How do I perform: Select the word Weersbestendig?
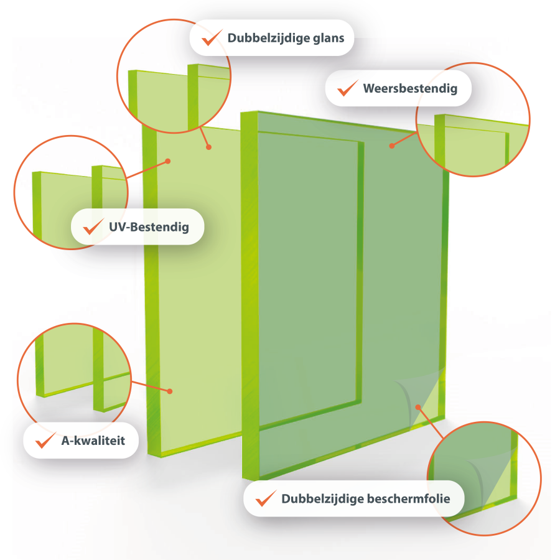pyautogui.click(x=410, y=88)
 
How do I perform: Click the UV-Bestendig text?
pyautogui.click(x=149, y=226)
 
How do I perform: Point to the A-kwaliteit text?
pyautogui.click(x=93, y=441)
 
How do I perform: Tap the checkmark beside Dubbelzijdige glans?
pyautogui.click(x=212, y=37)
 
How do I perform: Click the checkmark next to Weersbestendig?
pyautogui.click(x=347, y=88)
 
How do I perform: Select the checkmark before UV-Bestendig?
pyautogui.click(x=93, y=226)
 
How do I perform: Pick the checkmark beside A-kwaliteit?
pyautogui.click(x=45, y=440)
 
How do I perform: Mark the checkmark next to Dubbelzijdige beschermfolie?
pyautogui.click(x=266, y=498)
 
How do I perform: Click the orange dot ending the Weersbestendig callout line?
pyautogui.click(x=392, y=146)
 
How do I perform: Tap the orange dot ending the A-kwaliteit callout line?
pyautogui.click(x=170, y=391)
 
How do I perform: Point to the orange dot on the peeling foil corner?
pyautogui.click(x=418, y=407)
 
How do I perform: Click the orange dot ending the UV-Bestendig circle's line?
pyautogui.click(x=168, y=161)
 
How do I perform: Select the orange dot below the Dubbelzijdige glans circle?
pyautogui.click(x=209, y=147)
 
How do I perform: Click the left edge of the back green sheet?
pyautogui.click(x=152, y=286)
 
